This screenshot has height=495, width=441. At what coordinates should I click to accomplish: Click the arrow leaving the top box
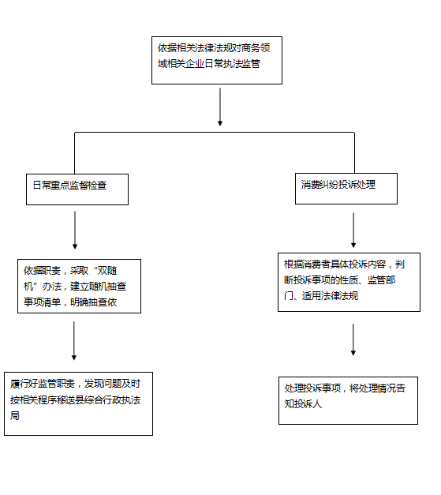(220, 107)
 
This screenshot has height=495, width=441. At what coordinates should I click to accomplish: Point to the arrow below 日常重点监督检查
(75, 230)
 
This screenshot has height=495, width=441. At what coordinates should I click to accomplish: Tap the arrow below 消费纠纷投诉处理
(353, 230)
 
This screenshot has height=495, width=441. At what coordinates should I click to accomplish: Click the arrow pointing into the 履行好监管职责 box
(74, 340)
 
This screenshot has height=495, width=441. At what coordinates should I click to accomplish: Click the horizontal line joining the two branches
(215, 133)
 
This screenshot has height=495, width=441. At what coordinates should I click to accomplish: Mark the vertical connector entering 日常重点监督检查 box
(74, 153)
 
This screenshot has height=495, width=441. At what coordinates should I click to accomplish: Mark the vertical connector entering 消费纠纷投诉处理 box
(354, 153)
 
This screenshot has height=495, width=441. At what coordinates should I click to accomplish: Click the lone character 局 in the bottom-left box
(15, 415)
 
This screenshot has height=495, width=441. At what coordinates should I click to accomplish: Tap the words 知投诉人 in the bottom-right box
(303, 403)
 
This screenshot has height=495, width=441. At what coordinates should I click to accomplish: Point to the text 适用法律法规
(330, 296)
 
